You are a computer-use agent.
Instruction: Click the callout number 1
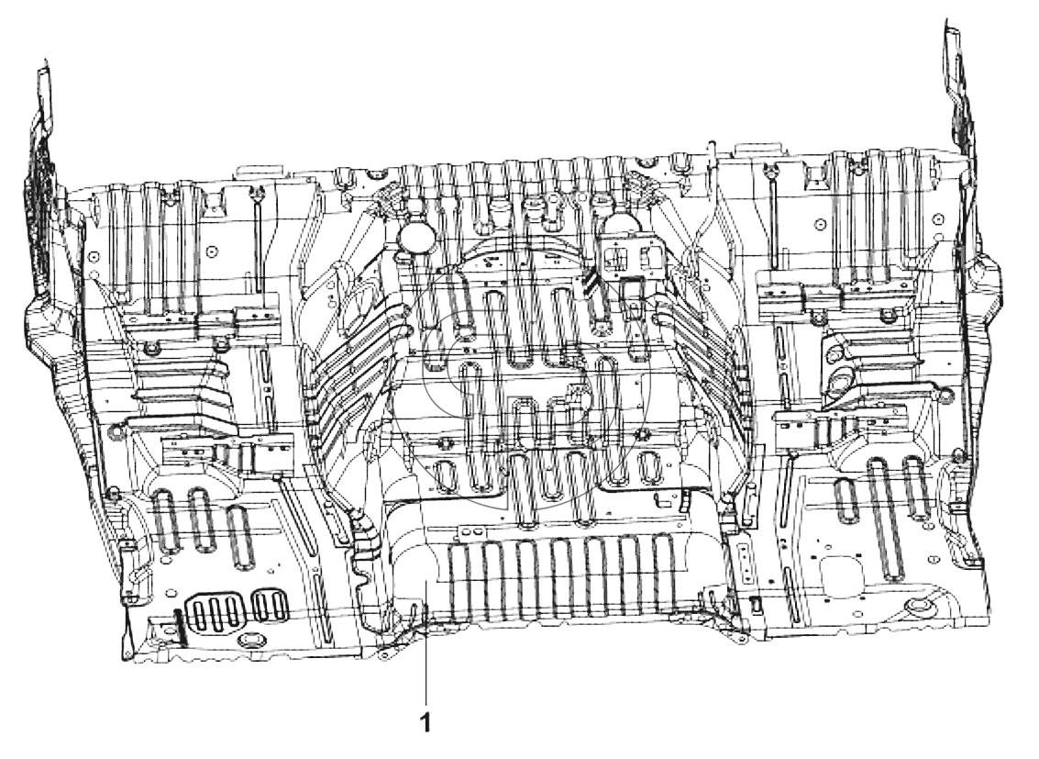[426, 723]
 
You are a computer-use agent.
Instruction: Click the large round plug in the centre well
[414, 235]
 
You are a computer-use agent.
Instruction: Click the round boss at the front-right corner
[918, 608]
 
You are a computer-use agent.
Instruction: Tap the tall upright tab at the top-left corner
[44, 93]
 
